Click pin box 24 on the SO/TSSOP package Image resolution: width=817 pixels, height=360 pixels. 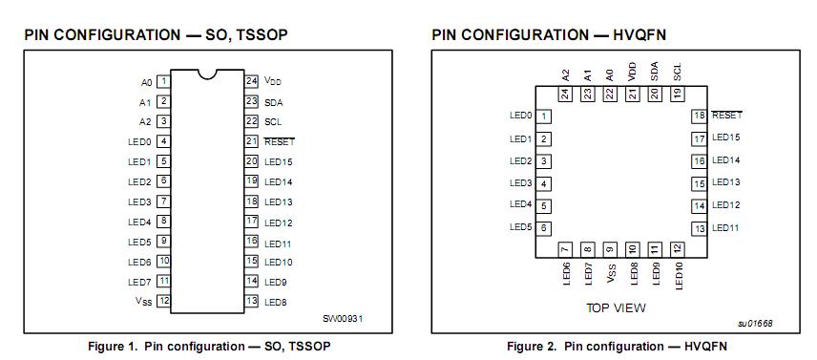click(x=252, y=81)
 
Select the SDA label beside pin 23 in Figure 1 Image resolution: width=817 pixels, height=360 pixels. click(x=274, y=102)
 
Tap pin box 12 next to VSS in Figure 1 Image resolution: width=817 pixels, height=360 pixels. click(x=163, y=301)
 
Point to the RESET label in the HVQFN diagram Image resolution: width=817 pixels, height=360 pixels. click(x=727, y=116)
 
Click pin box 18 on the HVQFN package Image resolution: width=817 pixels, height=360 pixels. click(x=700, y=116)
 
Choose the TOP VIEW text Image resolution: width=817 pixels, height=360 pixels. click(x=616, y=307)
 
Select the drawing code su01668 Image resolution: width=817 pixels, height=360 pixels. click(x=754, y=324)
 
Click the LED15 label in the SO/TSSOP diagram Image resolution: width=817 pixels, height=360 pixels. click(x=279, y=161)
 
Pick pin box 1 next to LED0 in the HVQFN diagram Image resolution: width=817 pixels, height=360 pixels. click(x=544, y=116)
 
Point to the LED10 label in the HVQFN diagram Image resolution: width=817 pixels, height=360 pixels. click(x=678, y=276)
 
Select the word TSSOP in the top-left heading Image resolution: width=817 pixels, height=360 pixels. click(x=261, y=35)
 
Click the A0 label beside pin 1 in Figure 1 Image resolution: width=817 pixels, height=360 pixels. click(x=146, y=82)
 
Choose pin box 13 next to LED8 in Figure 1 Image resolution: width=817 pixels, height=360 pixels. click(x=252, y=301)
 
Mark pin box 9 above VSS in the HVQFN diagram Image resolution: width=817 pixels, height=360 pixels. click(x=610, y=248)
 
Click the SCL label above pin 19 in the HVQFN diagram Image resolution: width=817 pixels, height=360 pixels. click(x=678, y=72)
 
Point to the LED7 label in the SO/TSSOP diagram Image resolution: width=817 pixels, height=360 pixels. click(x=139, y=281)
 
